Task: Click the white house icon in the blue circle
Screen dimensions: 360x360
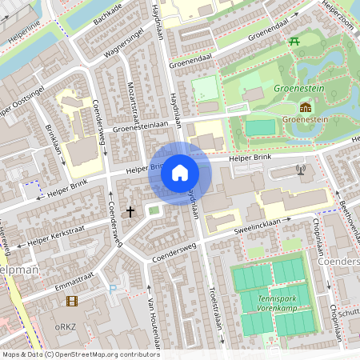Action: click(x=180, y=173)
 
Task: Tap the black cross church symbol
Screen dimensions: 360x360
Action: click(x=130, y=212)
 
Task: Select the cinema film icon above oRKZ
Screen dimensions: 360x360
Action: click(x=73, y=301)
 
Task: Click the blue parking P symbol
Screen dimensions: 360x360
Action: click(x=113, y=289)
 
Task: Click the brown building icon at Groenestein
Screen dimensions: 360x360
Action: click(x=305, y=107)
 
